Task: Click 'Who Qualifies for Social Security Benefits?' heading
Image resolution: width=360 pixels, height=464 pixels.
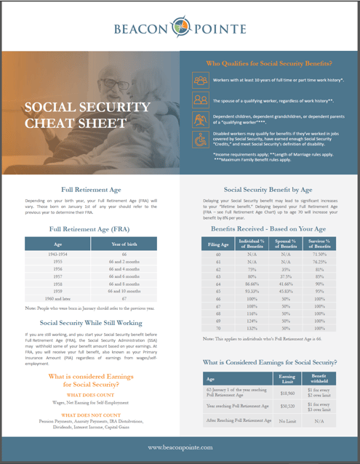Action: coord(270,63)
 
